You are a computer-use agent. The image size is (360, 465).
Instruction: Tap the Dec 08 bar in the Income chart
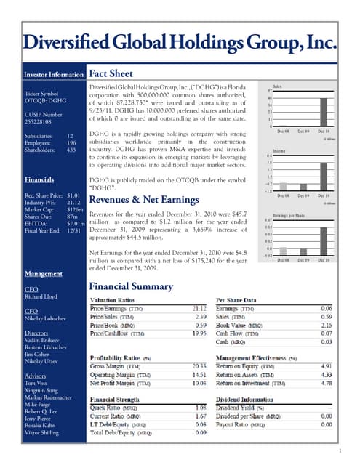tap(284, 187)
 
